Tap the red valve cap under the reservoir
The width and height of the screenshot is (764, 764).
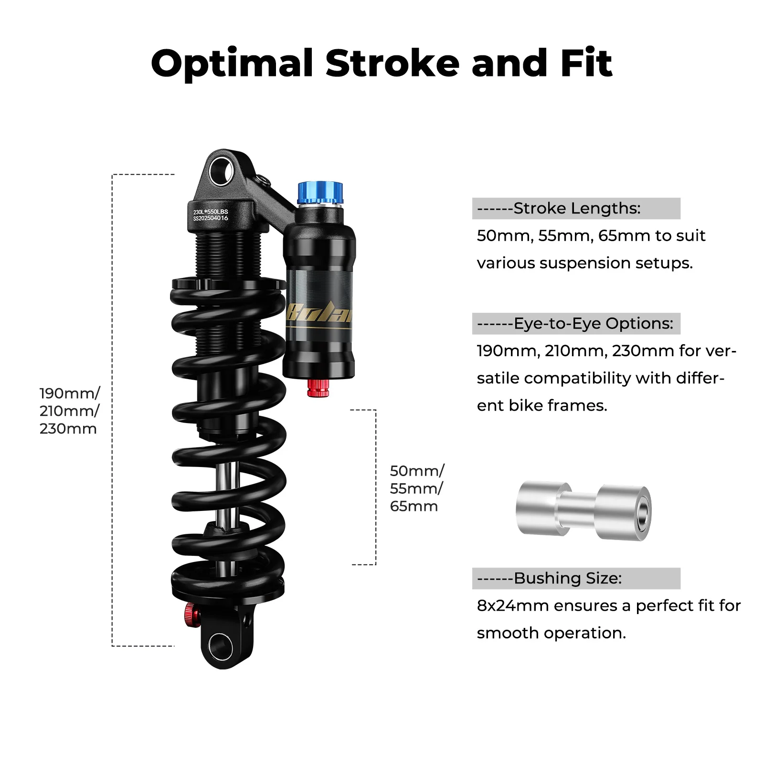pyautogui.click(x=318, y=388)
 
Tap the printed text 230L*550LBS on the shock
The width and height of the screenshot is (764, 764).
pyautogui.click(x=211, y=212)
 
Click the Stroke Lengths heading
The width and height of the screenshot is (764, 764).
pyautogui.click(x=576, y=209)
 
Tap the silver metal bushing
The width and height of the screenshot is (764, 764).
pyautogui.click(x=583, y=511)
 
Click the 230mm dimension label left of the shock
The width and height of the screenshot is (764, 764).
pyautogui.click(x=68, y=429)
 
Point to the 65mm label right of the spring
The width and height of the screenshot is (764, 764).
pyautogui.click(x=414, y=506)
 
